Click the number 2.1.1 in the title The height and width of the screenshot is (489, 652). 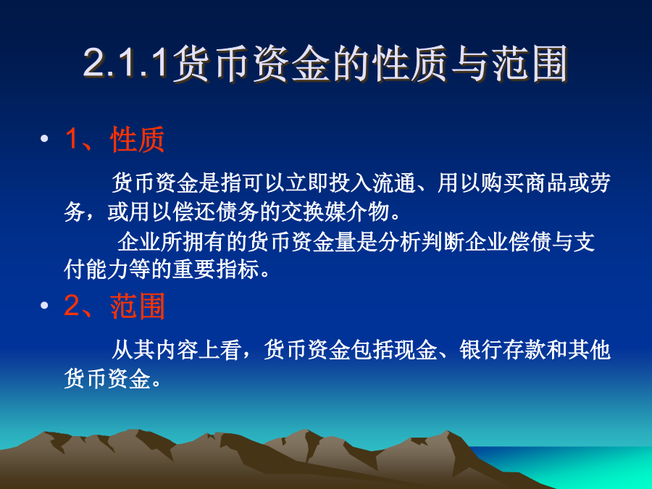[x=128, y=64]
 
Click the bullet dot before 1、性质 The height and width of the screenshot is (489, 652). [x=44, y=138]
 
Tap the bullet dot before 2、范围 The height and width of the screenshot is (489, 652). [x=44, y=306]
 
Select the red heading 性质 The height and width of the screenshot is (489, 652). [x=138, y=139]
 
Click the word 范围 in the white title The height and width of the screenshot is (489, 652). [x=530, y=64]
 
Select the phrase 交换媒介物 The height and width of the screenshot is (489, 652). [x=335, y=212]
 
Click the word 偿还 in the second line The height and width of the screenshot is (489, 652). [x=194, y=212]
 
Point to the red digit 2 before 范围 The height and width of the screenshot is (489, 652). [x=72, y=306]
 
